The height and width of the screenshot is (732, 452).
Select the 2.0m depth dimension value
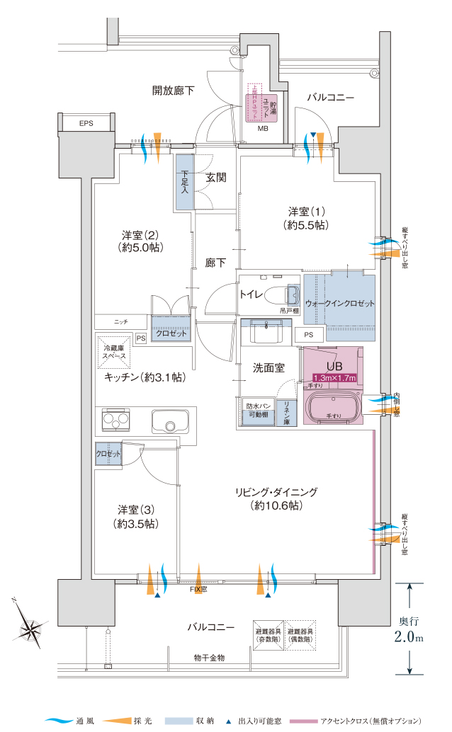click(x=409, y=637)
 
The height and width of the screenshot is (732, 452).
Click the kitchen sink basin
click(x=168, y=423)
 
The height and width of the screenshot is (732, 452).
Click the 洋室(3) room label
click(x=137, y=516)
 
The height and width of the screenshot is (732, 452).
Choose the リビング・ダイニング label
click(x=277, y=498)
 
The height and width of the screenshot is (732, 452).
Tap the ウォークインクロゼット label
click(x=339, y=303)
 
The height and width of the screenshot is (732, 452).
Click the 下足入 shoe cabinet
click(x=185, y=181)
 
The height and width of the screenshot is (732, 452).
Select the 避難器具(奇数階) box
click(x=269, y=634)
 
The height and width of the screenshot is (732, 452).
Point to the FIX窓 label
click(x=198, y=589)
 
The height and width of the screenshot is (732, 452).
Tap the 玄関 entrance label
click(x=216, y=178)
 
